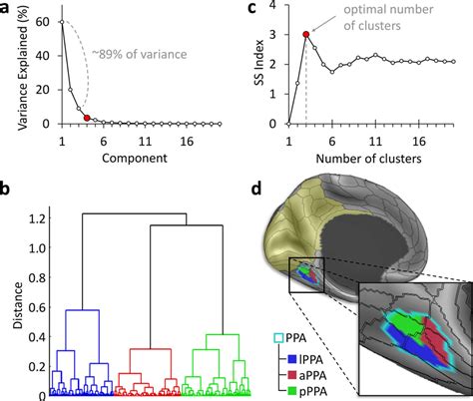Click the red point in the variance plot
coord(88,118)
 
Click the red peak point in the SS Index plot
coord(306,34)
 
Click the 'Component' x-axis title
coord(131,158)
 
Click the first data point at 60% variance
coord(61,21)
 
